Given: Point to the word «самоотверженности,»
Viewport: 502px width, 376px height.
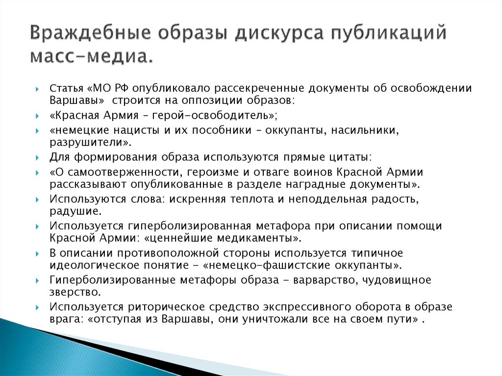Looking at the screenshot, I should (x=114, y=173).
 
